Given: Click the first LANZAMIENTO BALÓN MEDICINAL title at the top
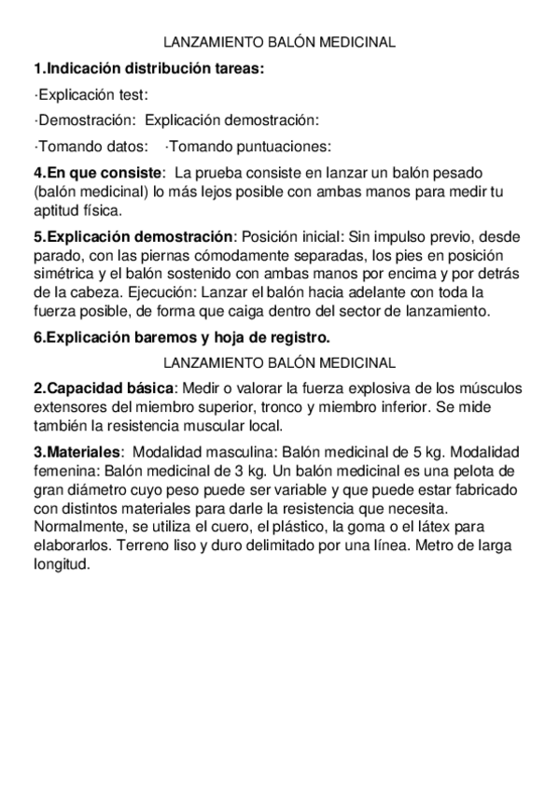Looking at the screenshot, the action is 279,43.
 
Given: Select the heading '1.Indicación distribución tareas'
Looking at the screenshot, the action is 148,68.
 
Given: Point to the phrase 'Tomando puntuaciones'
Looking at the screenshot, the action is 247,146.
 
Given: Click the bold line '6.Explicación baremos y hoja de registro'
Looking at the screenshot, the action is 181,337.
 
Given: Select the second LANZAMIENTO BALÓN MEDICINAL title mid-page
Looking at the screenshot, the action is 279,362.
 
